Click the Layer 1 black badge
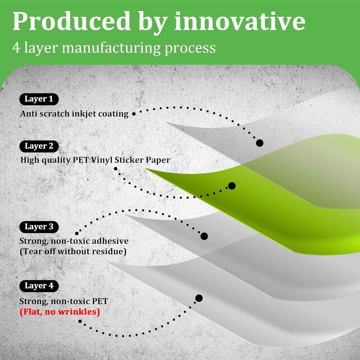click(39, 99)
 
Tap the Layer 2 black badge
click(39, 146)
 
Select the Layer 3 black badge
click(39, 227)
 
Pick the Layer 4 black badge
click(39, 286)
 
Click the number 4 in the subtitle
click(16, 47)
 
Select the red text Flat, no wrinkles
click(60, 312)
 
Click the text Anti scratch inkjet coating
click(74, 114)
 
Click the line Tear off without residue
click(73, 252)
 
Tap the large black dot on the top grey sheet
click(260, 143)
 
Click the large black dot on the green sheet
click(232, 186)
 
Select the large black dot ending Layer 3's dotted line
click(204, 236)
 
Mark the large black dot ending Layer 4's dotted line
click(199, 298)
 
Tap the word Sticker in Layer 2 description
click(134, 160)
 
